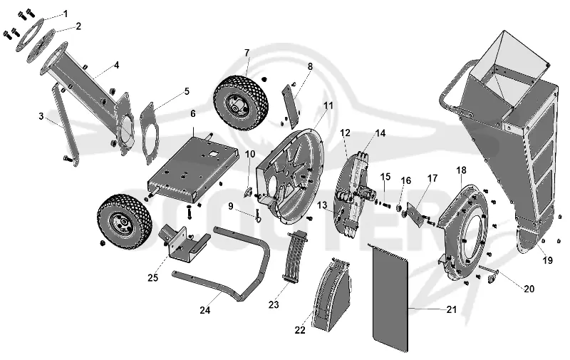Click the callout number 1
click(x=66, y=14)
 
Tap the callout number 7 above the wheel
click(x=247, y=53)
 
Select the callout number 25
click(x=153, y=278)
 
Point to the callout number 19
click(x=547, y=260)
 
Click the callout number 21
click(x=451, y=309)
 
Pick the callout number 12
click(x=345, y=133)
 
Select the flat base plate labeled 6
click(x=192, y=168)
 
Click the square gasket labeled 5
click(x=150, y=133)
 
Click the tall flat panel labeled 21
click(x=390, y=298)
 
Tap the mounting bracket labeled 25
click(x=184, y=243)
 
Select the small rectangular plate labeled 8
click(x=291, y=106)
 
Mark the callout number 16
click(x=405, y=181)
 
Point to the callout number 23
click(x=274, y=304)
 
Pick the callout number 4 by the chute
click(x=116, y=65)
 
